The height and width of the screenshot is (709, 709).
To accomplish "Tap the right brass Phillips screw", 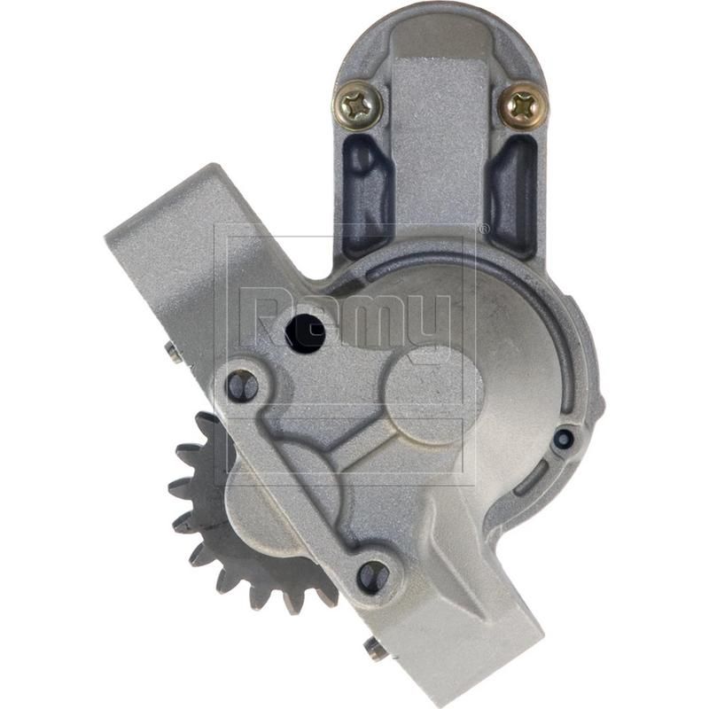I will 523,105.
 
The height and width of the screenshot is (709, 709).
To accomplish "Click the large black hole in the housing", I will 304,331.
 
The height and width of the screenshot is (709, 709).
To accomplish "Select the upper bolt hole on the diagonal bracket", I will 241,386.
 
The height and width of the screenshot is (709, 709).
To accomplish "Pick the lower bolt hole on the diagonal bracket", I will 372,577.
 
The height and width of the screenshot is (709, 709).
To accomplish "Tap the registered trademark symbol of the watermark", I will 483,229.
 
